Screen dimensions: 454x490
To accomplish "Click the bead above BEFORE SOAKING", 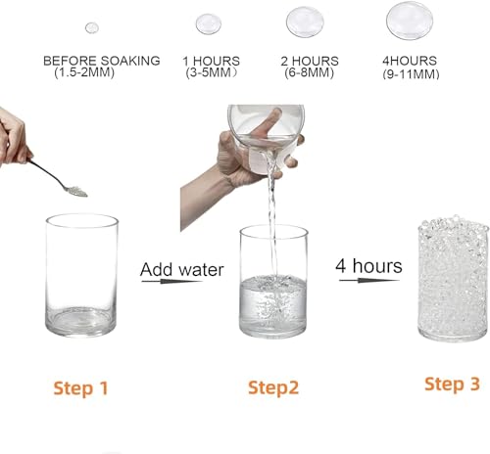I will pos(91,27).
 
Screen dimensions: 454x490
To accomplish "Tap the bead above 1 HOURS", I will pos(208,23).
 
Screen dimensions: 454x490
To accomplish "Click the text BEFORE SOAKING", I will pos(101,61).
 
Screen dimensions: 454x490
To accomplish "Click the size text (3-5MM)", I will pos(211,72).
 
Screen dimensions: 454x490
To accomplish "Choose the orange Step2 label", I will pos(273,388).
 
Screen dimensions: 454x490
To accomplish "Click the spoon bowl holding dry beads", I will pos(74,190).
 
